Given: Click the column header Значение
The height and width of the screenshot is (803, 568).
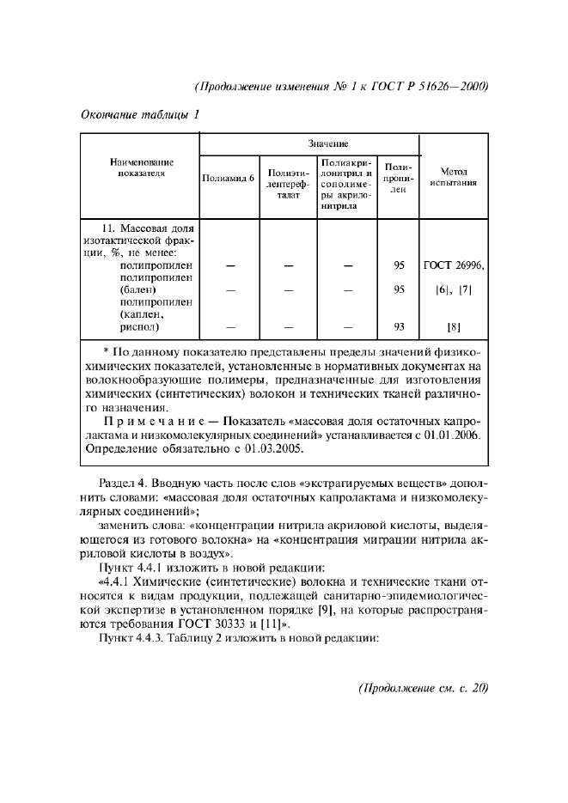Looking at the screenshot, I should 309,144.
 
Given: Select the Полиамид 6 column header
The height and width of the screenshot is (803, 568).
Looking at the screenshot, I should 228,179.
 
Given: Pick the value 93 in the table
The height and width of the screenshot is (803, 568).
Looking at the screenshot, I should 398,326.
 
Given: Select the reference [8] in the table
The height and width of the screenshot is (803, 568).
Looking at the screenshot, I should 454,326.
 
